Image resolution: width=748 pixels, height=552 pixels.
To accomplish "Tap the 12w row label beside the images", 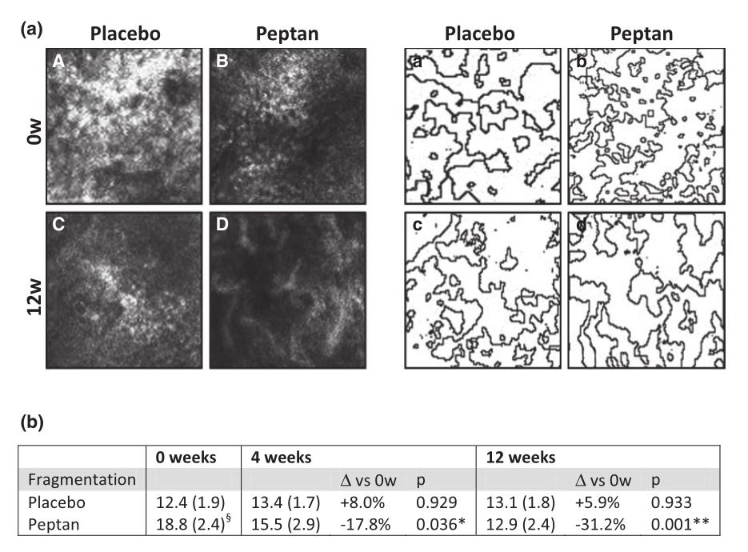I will click(25, 290).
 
